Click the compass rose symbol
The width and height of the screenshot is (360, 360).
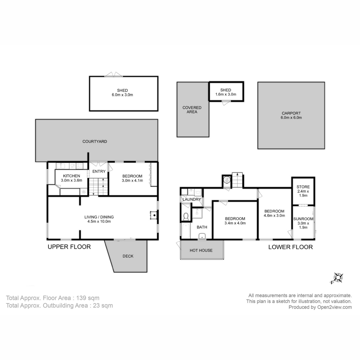coord(338,278)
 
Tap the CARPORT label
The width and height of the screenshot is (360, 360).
coord(291,113)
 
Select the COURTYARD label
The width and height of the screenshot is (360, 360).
coord(95,141)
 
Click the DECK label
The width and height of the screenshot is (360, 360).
coord(128,256)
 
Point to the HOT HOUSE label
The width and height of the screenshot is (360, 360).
coord(201,250)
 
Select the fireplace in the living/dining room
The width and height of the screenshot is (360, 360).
coord(154,215)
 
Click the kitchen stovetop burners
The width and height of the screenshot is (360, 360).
coord(80,166)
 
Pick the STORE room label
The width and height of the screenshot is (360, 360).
coord(303,187)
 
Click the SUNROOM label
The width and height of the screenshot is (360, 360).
coord(303,219)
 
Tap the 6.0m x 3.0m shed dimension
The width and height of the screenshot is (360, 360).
coord(122,95)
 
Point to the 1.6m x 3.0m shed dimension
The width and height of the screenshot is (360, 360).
coord(226,94)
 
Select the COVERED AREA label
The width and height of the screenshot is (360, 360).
coord(192,110)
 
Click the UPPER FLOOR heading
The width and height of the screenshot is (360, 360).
coord(69,247)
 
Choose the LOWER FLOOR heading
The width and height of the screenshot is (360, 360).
coord(290,247)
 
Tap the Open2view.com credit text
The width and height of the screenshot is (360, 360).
coord(334,307)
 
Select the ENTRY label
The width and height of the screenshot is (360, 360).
coord(99,171)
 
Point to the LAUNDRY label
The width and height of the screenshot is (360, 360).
coord(192,199)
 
